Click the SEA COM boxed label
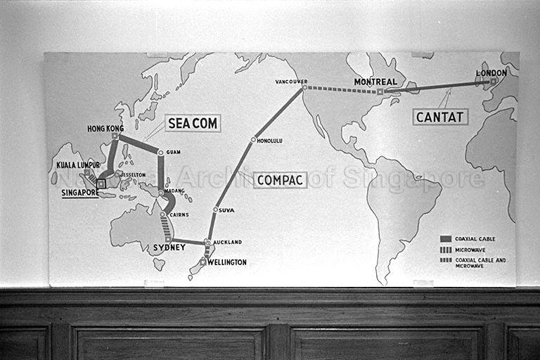point(193,124)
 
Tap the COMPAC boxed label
point(281,180)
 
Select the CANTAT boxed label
point(440,117)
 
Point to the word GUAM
point(174,152)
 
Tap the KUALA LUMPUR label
point(77,165)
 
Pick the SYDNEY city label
point(169,248)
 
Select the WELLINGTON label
point(226,262)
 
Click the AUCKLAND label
point(227,242)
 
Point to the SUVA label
point(226,210)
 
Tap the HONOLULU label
point(270,141)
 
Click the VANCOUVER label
point(291,82)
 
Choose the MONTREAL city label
point(375,82)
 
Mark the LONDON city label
point(491,72)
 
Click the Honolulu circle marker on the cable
point(253,140)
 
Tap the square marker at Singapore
point(101,184)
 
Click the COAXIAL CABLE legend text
point(475,239)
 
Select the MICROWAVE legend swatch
point(445,249)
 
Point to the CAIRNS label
point(179,214)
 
